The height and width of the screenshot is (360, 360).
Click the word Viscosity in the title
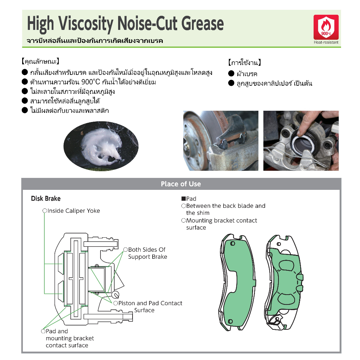[x=86, y=24]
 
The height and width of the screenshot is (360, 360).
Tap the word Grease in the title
[x=202, y=24]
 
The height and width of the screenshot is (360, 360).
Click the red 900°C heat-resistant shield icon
[x=326, y=27]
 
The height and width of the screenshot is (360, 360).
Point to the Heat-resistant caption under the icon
[x=326, y=42]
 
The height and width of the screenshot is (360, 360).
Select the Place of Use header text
[x=181, y=184]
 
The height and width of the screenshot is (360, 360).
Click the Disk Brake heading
[x=46, y=198]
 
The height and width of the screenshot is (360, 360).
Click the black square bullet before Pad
[x=184, y=199]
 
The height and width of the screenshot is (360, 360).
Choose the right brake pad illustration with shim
[x=284, y=282]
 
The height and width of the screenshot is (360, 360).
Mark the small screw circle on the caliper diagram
[x=115, y=294]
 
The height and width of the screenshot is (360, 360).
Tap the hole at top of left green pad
[x=232, y=243]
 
